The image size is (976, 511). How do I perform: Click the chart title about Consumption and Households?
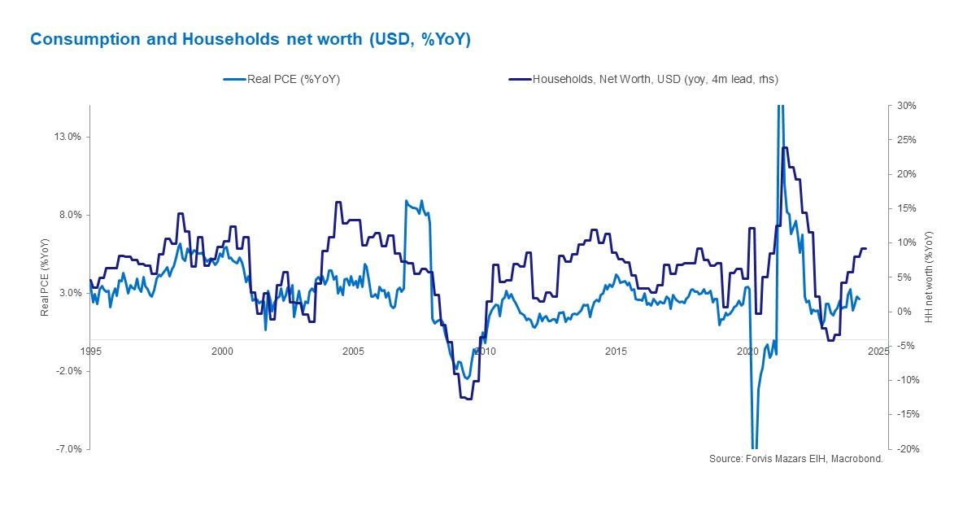251,39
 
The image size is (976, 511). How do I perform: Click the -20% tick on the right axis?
907,449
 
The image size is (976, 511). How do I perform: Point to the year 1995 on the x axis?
90,352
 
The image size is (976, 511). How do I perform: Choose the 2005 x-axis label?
353,352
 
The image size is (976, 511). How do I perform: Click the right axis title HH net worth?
929,277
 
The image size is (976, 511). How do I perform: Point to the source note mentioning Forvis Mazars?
795,459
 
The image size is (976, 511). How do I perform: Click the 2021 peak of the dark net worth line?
784,148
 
